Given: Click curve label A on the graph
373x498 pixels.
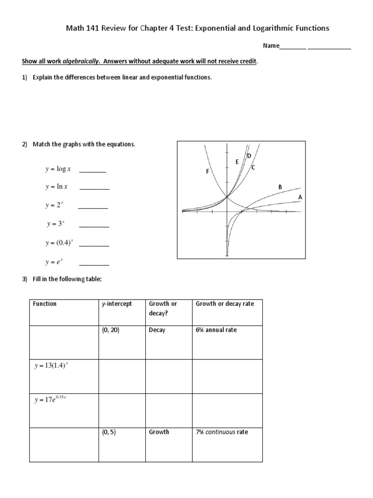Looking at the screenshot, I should coord(300,197).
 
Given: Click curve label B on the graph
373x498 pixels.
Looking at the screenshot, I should coord(280,187).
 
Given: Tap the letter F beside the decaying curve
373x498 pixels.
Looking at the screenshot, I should coord(207,172).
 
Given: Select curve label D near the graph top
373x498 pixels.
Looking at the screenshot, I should coord(249,156).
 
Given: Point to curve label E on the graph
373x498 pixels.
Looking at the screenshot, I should coord(237,161).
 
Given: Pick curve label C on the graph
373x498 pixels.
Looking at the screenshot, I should coord(253,167).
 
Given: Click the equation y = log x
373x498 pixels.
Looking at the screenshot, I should coord(58,169).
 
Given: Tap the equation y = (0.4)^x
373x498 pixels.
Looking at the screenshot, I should coord(59,242).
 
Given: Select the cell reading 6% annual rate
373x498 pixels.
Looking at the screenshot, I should coord(216,330).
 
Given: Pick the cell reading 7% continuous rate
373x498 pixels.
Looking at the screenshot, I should coord(221,432).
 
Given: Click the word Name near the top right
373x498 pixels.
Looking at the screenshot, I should coord(271,46).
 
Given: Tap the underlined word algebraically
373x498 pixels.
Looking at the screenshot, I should coord(84,62).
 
